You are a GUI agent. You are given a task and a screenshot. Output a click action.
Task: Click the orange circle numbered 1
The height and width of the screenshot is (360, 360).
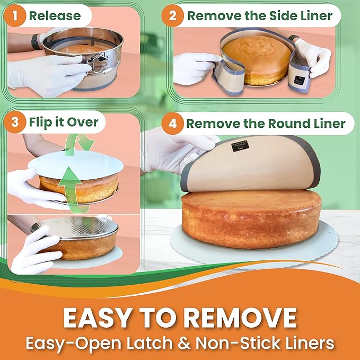(x=15, y=16)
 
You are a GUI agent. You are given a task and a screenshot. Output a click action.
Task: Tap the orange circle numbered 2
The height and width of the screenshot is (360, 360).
(x=172, y=16)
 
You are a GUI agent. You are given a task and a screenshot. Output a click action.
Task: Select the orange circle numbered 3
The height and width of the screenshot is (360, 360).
(x=15, y=122)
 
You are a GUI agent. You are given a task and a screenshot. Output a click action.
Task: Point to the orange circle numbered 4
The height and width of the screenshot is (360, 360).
(x=172, y=124)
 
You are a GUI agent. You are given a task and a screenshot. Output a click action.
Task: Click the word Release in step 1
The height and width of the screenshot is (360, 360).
(x=55, y=16)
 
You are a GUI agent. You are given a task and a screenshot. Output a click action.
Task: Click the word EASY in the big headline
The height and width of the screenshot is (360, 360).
(x=98, y=318)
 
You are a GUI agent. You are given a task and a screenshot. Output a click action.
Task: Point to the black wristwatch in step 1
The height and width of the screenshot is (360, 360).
(x=36, y=41)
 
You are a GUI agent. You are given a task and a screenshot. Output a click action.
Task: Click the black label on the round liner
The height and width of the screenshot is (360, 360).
(x=240, y=146)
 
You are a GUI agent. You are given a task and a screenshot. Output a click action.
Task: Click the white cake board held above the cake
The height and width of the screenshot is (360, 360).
(x=76, y=164)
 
